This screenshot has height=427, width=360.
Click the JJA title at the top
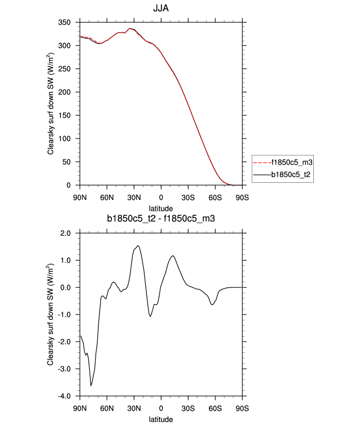pos(161,8)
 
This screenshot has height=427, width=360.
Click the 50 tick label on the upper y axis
pos(67,162)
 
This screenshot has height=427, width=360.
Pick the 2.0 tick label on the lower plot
pos(65,233)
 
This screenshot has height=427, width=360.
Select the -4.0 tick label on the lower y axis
pos(64,396)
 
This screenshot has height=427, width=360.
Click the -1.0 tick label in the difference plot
pos(64,314)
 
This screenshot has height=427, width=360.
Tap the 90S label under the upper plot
pos(242,198)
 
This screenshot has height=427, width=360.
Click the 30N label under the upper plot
pos(134,198)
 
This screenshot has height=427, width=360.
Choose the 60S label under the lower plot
pos(215,408)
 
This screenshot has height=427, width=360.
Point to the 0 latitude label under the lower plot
pos(161,408)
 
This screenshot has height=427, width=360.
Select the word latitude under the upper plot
pos(161,209)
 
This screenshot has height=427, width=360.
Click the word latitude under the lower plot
pos(161,420)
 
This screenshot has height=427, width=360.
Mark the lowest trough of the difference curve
pos(91,386)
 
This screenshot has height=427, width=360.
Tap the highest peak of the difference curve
pos(138,246)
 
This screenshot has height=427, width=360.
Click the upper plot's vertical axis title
pos(51,104)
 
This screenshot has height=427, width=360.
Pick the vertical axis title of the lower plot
pos(51,314)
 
